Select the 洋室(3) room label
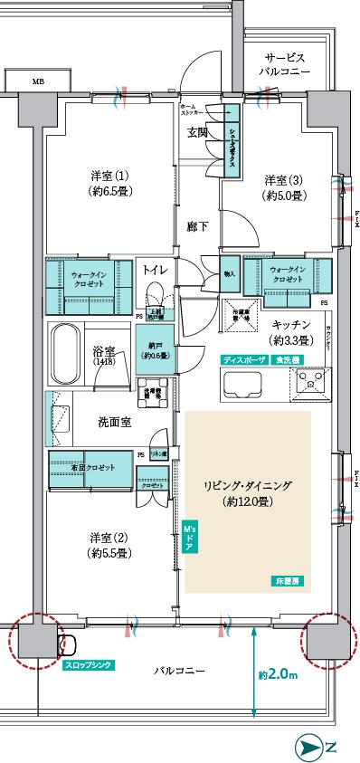click(x=283, y=187)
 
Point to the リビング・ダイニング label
click(x=247, y=492)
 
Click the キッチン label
click(x=291, y=332)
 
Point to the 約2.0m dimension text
click(x=281, y=674)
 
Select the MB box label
click(x=37, y=81)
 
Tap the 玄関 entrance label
click(x=198, y=131)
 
